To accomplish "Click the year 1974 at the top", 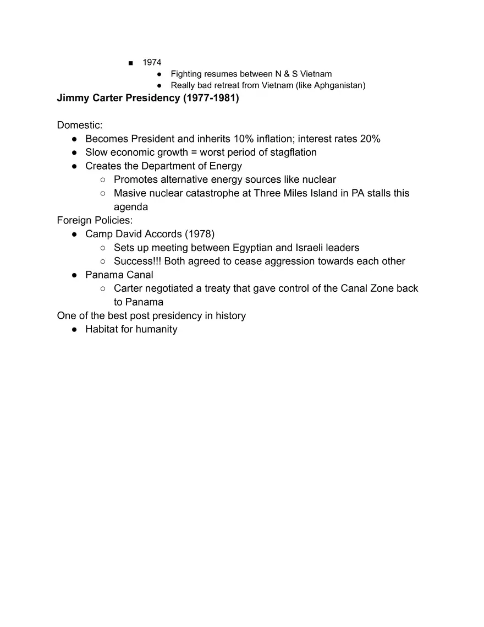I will coord(152,62).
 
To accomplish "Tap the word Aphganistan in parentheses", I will coord(337,85).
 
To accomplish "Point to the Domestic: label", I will coord(80,126).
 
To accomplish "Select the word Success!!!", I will coord(137,261).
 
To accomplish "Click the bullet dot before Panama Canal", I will coord(74,275).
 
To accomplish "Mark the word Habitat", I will coord(101,329).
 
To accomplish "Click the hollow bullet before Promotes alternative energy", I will coord(103,180).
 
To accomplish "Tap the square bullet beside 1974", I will coord(130,63).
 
